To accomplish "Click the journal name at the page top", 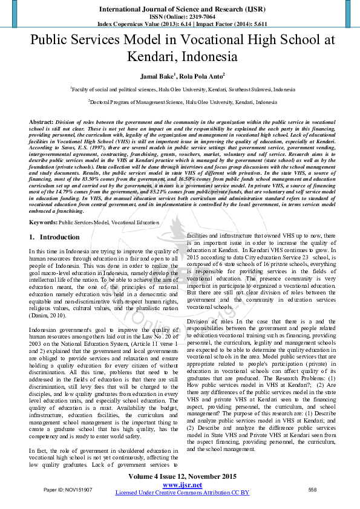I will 180,10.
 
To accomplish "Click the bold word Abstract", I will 41,122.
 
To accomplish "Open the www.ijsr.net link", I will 182,484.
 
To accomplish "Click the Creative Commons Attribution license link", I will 182,492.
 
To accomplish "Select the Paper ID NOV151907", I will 68,488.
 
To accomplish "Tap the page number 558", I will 312,488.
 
